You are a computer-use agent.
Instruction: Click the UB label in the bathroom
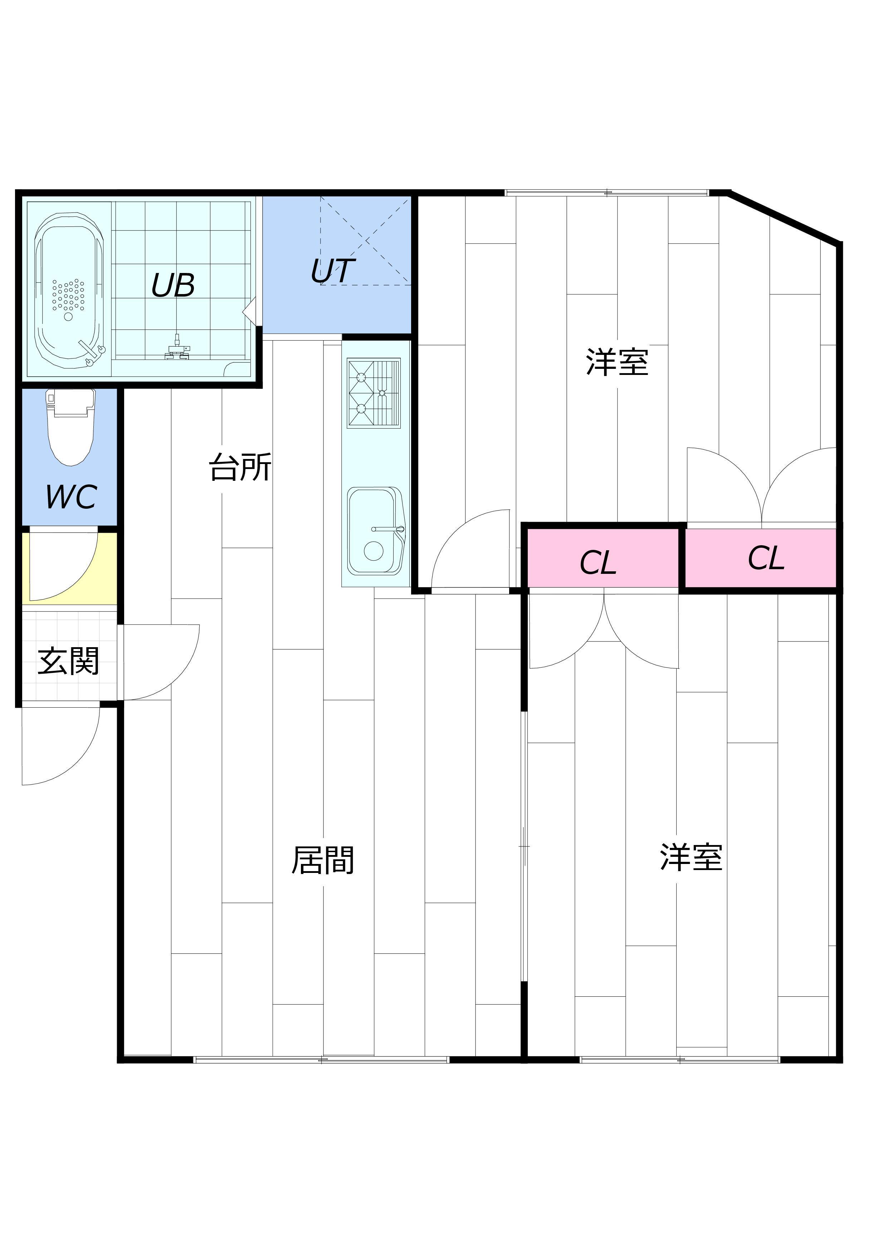tap(173, 285)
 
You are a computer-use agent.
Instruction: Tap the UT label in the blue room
tap(333, 271)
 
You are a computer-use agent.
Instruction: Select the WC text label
tap(71, 497)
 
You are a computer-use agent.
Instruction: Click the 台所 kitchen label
tap(240, 468)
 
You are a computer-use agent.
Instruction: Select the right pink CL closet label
tap(766, 558)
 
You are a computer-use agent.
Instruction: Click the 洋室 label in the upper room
tap(617, 362)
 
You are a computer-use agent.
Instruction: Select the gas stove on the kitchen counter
tap(374, 393)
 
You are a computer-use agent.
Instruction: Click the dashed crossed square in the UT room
tap(365, 240)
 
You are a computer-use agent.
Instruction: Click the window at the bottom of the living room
tap(321, 1059)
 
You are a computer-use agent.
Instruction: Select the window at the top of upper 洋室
tap(606, 192)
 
